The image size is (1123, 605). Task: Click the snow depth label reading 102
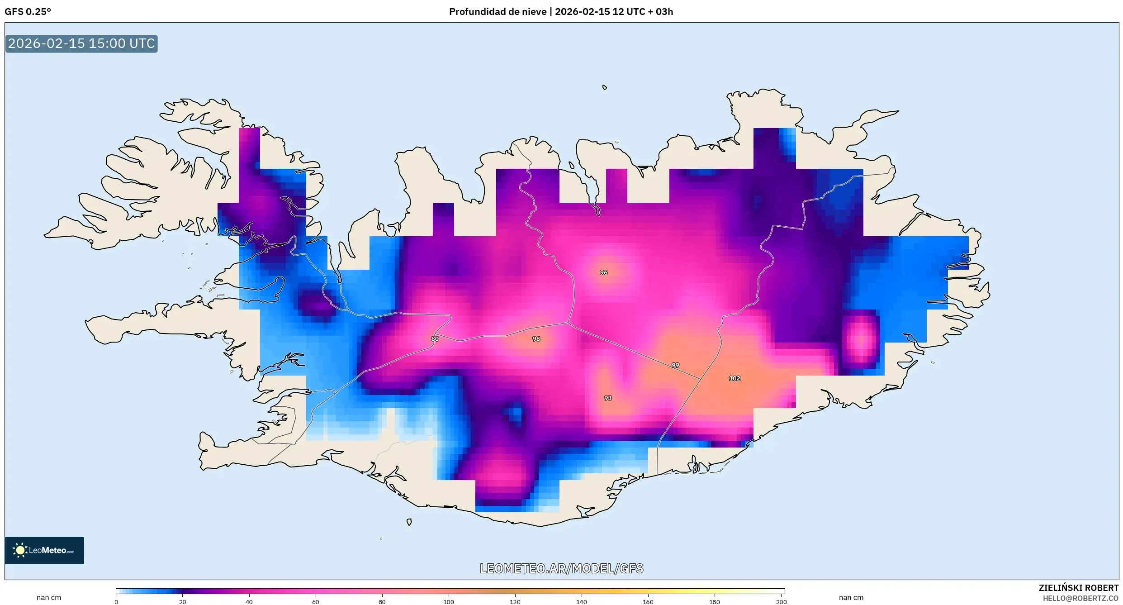pyautogui.click(x=734, y=378)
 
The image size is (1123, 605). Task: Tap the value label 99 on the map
pyautogui.click(x=675, y=365)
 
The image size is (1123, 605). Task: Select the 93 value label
pyautogui.click(x=607, y=398)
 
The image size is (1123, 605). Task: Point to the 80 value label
pyautogui.click(x=435, y=339)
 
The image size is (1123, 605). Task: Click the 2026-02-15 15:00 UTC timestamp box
pyautogui.click(x=81, y=44)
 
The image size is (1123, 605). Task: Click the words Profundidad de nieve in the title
pyautogui.click(x=498, y=12)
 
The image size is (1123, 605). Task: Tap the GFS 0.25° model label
pyautogui.click(x=28, y=12)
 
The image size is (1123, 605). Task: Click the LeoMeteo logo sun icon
pyautogui.click(x=20, y=550)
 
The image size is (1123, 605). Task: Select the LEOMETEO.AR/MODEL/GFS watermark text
pyautogui.click(x=561, y=568)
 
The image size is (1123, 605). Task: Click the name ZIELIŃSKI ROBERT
pyautogui.click(x=1078, y=588)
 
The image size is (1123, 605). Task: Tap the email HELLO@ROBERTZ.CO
pyautogui.click(x=1080, y=598)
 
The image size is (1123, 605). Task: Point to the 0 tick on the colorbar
pyautogui.click(x=116, y=602)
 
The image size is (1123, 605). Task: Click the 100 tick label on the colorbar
pyautogui.click(x=448, y=602)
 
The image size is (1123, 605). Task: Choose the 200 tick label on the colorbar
pyautogui.click(x=781, y=602)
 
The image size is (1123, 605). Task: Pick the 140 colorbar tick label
pyautogui.click(x=581, y=602)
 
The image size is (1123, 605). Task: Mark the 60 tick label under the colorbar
pyautogui.click(x=315, y=602)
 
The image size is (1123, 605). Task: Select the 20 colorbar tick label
pyautogui.click(x=182, y=602)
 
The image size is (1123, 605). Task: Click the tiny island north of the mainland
pyautogui.click(x=604, y=87)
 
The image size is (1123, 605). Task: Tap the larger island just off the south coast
pyautogui.click(x=409, y=522)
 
